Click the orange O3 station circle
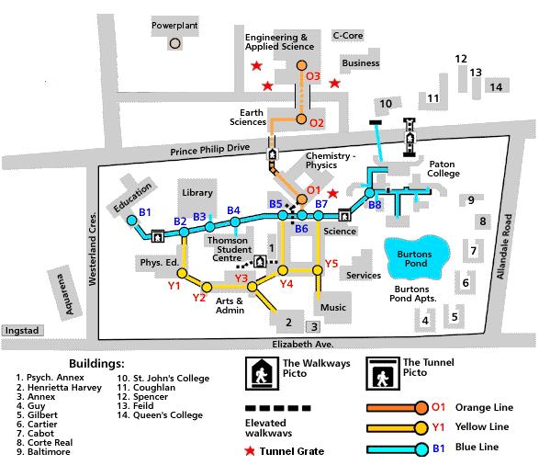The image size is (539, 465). tap(301, 65)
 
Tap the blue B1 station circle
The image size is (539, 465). tap(131, 221)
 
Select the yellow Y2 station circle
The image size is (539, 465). tap(207, 288)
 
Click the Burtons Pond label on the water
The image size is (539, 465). tap(415, 258)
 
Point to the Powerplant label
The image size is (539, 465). tap(174, 26)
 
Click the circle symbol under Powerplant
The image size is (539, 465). tap(175, 43)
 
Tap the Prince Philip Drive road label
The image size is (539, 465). tap(210, 150)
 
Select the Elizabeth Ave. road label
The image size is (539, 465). tap(303, 344)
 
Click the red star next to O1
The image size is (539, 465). tap(332, 194)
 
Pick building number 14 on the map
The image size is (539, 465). tap(496, 87)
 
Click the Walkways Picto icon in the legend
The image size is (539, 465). tap(262, 373)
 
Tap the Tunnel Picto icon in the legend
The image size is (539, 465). tap(383, 373)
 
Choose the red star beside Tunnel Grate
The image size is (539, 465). tap(250, 451)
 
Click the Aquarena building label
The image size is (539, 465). tap(65, 294)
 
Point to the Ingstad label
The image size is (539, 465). tap(22, 331)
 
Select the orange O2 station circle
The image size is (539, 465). tap(301, 119)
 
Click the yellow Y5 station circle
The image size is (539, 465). tap(318, 270)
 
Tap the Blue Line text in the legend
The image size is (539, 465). tap(477, 448)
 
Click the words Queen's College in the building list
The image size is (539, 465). tap(168, 415)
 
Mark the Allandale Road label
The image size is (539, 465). tap(504, 246)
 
